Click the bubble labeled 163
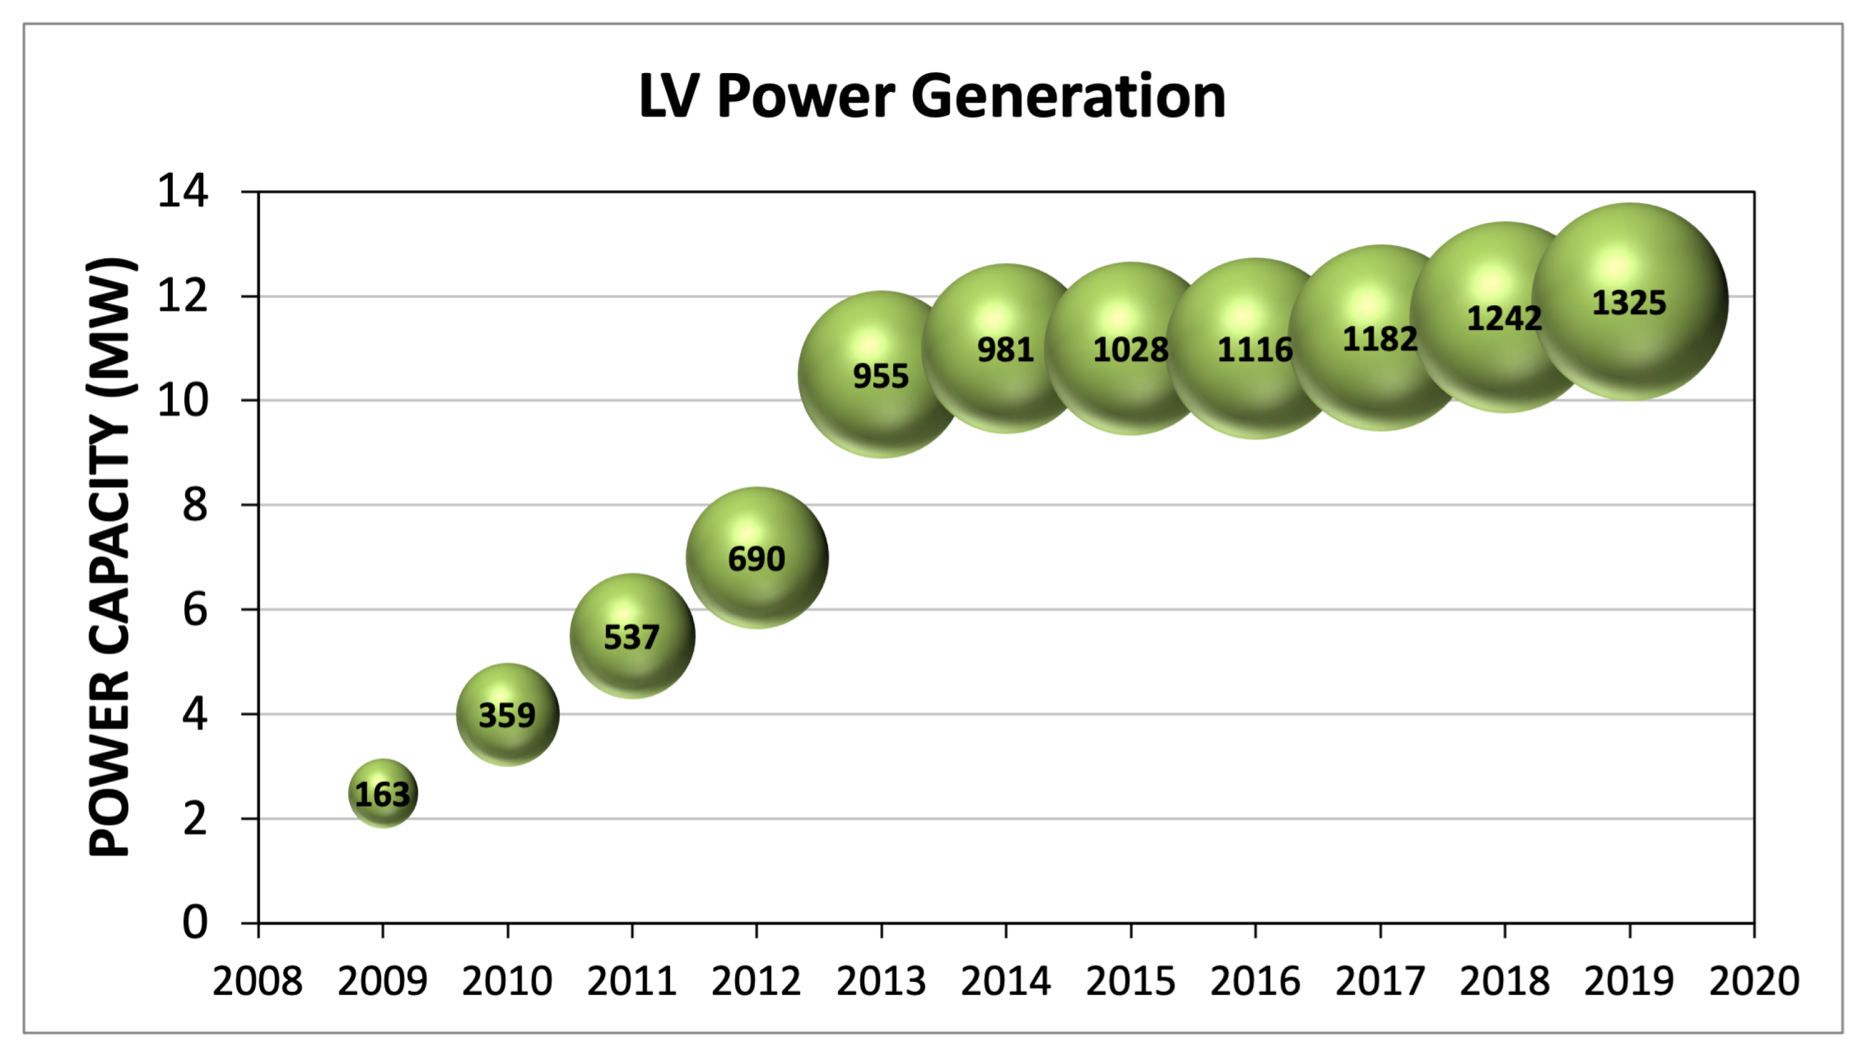pyautogui.click(x=383, y=794)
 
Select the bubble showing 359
pyautogui.click(x=507, y=715)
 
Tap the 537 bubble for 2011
pyautogui.click(x=632, y=636)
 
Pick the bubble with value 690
pyautogui.click(x=756, y=558)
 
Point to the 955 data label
pyautogui.click(x=881, y=376)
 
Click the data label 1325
pyautogui.click(x=1629, y=302)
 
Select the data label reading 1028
pyautogui.click(x=1131, y=350)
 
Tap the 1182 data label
pyautogui.click(x=1380, y=339)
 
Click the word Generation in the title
pyautogui.click(x=1068, y=96)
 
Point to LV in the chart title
pyautogui.click(x=669, y=96)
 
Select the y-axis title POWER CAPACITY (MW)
pyautogui.click(x=110, y=557)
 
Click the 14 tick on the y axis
pyautogui.click(x=183, y=192)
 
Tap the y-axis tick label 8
pyautogui.click(x=194, y=505)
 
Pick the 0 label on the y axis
pyautogui.click(x=194, y=922)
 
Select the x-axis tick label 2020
pyautogui.click(x=1753, y=981)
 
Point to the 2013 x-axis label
pyautogui.click(x=881, y=981)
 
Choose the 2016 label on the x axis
pyautogui.click(x=1255, y=981)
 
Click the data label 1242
pyautogui.click(x=1504, y=318)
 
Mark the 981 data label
pyautogui.click(x=1005, y=350)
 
